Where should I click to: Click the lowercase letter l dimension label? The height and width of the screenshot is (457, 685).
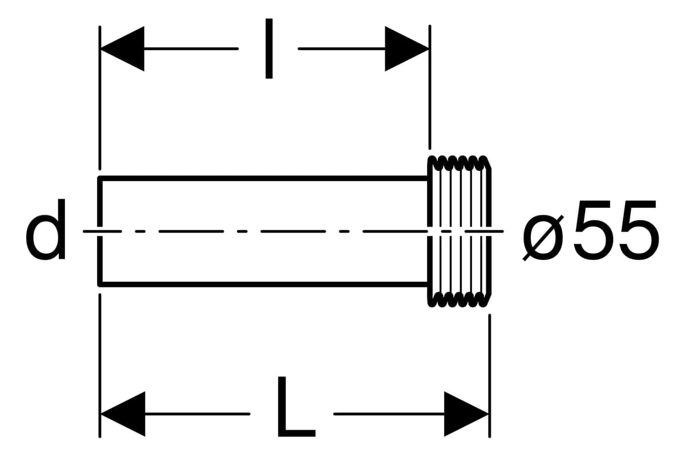pos(269,49)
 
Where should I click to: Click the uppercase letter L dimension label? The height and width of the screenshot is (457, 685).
pos(296,407)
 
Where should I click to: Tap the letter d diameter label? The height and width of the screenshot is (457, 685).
pos(46,229)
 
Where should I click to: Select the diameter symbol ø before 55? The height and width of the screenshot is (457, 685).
pos(543,238)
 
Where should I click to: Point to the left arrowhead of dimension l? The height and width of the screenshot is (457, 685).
pos(122,49)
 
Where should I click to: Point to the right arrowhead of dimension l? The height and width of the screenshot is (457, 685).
pos(406,49)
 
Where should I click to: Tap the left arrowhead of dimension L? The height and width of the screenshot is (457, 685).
pos(123,414)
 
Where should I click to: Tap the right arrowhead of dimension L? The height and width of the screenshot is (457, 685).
pos(466,414)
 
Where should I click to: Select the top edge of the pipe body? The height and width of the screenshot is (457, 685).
pos(263,178)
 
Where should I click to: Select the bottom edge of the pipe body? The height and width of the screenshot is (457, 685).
pos(263,284)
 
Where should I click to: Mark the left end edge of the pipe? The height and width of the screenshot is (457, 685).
pos(100,231)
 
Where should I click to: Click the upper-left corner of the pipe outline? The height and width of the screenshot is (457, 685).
pos(100,178)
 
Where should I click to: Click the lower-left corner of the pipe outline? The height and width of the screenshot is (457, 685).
pos(100,284)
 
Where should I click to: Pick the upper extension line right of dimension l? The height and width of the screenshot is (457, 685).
pos(430,87)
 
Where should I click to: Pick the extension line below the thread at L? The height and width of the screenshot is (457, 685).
pos(489,376)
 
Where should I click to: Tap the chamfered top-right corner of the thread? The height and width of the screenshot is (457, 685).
pos(489,163)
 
